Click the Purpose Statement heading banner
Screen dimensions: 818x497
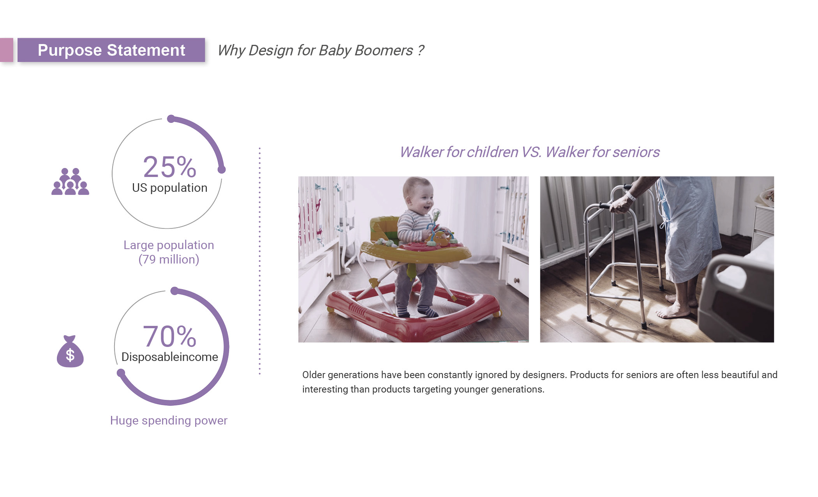[x=111, y=50]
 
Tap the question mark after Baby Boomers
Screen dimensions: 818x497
[x=420, y=50]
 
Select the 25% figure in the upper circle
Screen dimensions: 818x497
[x=169, y=167]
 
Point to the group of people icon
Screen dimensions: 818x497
[x=70, y=181]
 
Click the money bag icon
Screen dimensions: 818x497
[x=70, y=351]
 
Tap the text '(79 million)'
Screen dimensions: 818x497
[x=169, y=259]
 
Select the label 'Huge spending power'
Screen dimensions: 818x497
[x=169, y=420]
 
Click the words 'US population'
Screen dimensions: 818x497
[x=169, y=188]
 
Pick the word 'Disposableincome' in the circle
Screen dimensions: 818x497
[x=169, y=357]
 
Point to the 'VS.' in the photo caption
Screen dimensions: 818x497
[x=531, y=152]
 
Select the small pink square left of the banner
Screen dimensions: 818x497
[x=7, y=50]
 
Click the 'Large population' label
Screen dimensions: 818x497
[x=169, y=245]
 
